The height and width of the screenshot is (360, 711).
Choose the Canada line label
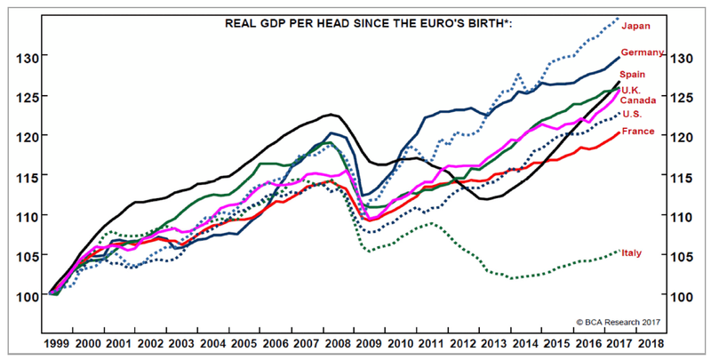tap(638, 100)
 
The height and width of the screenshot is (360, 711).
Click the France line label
tap(637, 132)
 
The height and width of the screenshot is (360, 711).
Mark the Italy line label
tap(632, 252)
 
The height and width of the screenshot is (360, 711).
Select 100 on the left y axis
tap(27, 296)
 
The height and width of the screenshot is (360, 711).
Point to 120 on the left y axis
tap(27, 137)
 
